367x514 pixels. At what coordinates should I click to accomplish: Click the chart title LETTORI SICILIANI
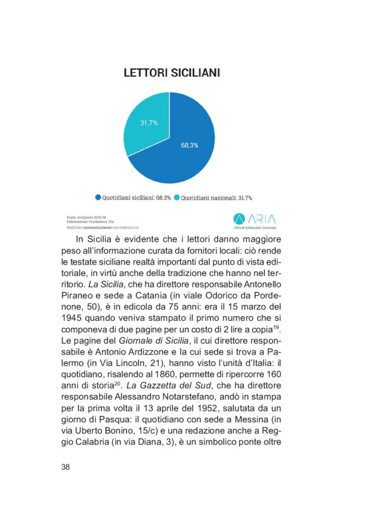171,73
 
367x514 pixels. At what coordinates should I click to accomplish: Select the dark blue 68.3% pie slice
183,152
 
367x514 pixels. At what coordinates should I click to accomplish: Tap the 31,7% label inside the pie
149,122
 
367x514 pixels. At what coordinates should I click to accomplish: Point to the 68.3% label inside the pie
189,145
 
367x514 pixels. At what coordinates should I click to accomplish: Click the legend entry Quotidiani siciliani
132,197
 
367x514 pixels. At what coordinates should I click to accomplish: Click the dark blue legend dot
99,197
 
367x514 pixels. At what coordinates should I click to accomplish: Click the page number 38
66,467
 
